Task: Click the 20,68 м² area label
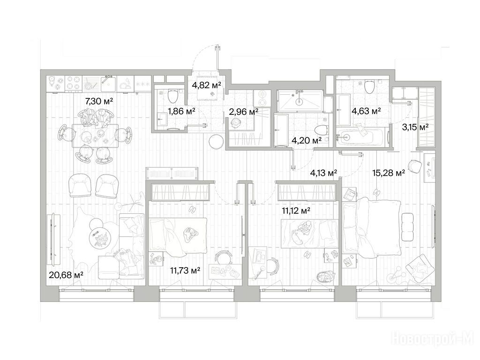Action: coord(66,275)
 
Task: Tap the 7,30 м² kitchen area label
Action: coord(99,101)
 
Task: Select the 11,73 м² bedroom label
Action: coord(186,270)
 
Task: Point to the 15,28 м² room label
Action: coord(389,173)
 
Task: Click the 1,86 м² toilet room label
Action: coord(182,111)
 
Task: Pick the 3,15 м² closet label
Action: coord(415,127)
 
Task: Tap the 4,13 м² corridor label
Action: coord(323,173)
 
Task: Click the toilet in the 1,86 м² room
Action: coord(173,96)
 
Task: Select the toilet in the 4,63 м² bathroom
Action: coord(370,86)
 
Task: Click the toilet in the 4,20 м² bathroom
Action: coord(321,131)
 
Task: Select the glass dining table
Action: coord(95,135)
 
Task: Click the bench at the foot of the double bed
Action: coord(408,227)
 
